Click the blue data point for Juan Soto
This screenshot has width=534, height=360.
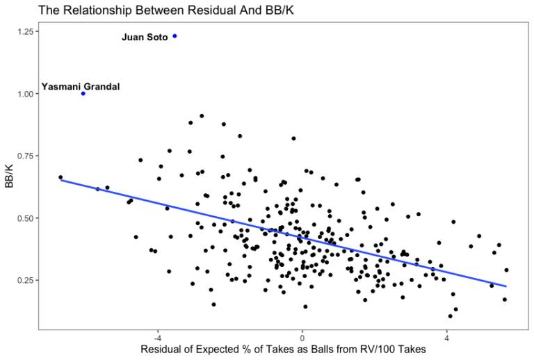[x=175, y=36]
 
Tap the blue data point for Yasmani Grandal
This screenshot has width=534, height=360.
[x=83, y=93]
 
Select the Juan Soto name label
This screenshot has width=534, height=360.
[x=145, y=38]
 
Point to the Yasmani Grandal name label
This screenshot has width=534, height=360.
[x=81, y=87]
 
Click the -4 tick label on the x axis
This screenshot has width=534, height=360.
[x=157, y=337]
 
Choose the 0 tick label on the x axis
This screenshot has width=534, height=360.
[x=302, y=337]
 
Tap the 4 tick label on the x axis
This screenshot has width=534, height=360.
[x=446, y=337]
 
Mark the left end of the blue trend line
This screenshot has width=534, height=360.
[x=61, y=180]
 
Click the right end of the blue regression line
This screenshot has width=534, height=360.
[x=506, y=286]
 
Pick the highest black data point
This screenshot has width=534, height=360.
[x=202, y=116]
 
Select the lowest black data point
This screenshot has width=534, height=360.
[x=451, y=316]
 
